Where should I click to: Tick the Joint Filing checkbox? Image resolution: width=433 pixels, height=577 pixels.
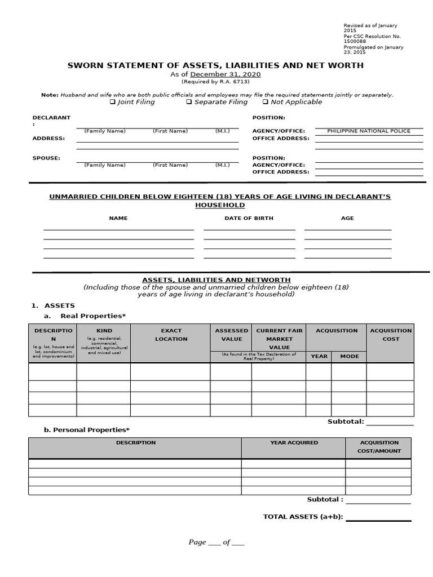113,102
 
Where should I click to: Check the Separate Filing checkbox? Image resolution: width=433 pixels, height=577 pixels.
189,102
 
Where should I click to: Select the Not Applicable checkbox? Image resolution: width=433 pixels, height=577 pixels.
266,102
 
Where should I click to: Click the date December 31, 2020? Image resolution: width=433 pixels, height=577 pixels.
226,74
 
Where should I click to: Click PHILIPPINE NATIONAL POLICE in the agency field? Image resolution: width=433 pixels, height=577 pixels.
369,131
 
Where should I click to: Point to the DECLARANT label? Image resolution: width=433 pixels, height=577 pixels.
51,118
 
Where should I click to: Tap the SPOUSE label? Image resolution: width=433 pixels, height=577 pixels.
46,158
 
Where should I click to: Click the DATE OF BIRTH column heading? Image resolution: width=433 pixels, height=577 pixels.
249,218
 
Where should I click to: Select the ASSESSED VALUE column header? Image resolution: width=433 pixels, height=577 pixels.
231,335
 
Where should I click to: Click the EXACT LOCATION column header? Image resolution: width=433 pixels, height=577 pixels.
171,335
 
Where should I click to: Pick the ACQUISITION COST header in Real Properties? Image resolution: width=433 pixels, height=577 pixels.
391,335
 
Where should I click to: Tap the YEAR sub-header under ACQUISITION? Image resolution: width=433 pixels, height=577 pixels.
319,356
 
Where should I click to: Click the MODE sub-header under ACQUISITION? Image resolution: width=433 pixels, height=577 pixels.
349,356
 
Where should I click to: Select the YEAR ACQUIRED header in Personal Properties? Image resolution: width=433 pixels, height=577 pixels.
294,442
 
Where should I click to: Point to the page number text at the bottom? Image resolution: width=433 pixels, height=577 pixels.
216,542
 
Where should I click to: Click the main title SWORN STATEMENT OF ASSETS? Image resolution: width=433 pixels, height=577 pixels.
215,65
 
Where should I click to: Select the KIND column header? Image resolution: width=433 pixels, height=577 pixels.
104,331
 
